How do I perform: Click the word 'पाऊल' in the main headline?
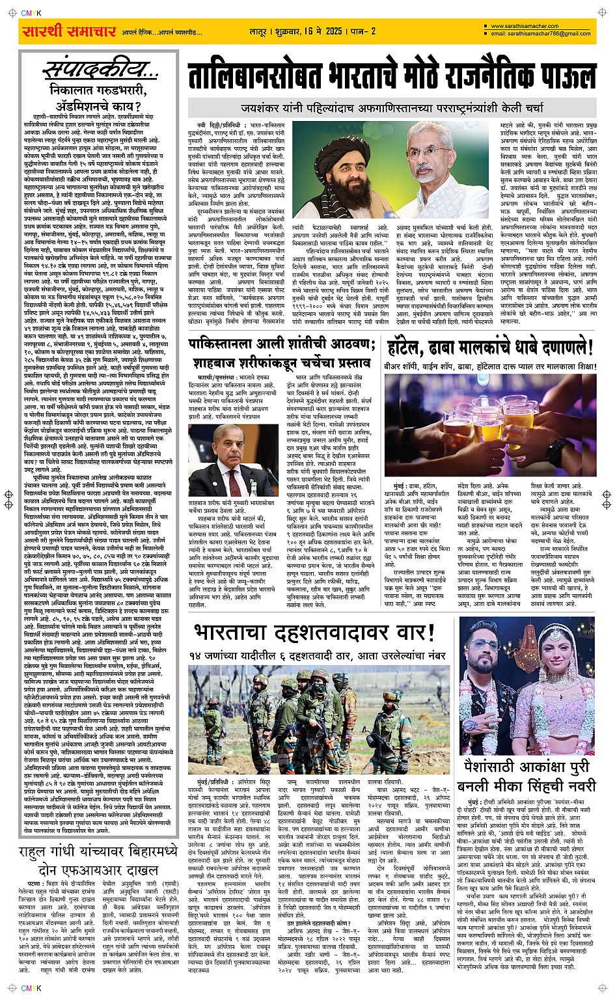coord(560,76)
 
